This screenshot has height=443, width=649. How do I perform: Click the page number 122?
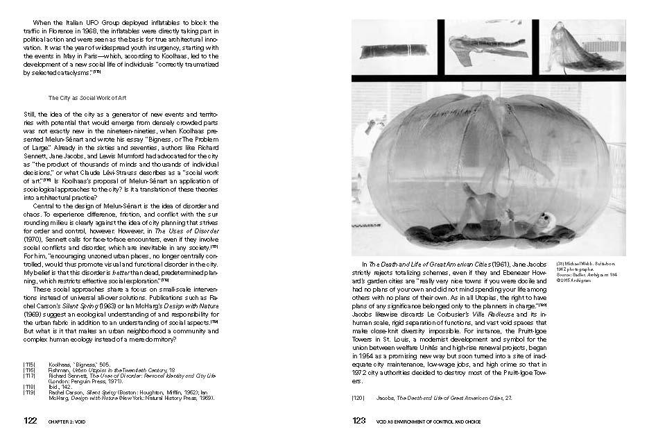(30, 420)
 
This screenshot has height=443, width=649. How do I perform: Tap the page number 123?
(359, 420)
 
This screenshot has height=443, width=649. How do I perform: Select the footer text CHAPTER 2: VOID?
(71, 421)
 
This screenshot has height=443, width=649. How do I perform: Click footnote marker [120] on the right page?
(358, 397)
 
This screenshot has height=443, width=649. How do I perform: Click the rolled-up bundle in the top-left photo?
(393, 51)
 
